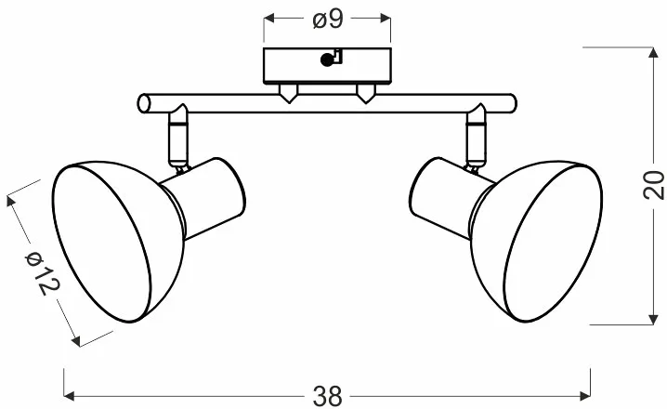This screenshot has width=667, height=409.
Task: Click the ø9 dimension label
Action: coord(328,20)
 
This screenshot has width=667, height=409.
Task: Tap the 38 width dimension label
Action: coord(327,396)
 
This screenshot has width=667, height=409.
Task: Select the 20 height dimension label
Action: coord(654,185)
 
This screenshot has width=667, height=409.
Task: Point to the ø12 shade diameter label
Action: coord(43,272)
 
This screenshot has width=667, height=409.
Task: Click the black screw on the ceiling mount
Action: coord(326,60)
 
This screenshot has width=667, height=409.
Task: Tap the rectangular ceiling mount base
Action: coord(327,66)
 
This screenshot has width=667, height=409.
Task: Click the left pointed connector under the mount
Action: coord(288,94)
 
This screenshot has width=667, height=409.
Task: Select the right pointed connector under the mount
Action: coord(365,94)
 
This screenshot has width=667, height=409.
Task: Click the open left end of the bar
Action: coord(144,103)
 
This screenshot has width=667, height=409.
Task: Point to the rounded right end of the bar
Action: coord(512,103)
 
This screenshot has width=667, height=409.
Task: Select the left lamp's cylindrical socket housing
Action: coord(204,198)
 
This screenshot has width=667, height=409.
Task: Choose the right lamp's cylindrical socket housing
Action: coord(451,198)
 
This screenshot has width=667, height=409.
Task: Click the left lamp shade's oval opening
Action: coord(101,244)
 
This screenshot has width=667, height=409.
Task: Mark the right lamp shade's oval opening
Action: coord(553,244)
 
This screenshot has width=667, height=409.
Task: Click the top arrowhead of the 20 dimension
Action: coord(653,53)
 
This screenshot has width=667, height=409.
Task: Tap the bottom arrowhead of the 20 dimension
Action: coord(653,319)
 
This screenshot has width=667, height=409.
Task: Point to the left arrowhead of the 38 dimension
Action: coord(70,397)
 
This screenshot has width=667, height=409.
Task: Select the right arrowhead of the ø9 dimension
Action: coord(385,19)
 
